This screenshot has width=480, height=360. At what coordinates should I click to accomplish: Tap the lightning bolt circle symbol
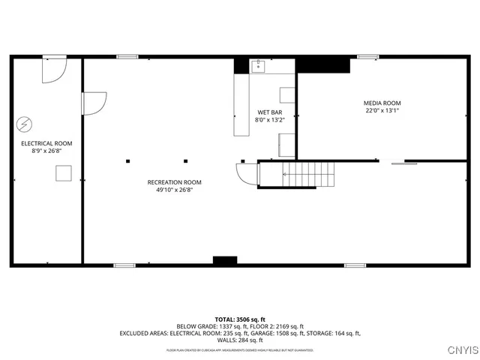[25, 124]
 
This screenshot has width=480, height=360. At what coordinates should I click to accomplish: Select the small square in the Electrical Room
[63, 173]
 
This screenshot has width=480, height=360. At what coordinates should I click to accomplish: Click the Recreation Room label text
[174, 182]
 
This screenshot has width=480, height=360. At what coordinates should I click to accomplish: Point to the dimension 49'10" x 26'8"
[174, 190]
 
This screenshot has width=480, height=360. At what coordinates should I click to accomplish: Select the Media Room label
[382, 103]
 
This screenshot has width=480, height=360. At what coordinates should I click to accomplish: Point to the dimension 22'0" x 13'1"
[382, 111]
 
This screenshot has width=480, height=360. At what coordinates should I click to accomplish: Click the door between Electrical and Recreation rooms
[93, 103]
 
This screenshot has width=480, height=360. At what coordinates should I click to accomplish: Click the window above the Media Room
[368, 56]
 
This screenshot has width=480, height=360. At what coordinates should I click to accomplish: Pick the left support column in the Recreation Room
[128, 160]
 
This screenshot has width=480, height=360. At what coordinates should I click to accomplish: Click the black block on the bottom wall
[224, 260]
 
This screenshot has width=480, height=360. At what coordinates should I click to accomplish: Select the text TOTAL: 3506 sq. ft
[239, 319]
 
